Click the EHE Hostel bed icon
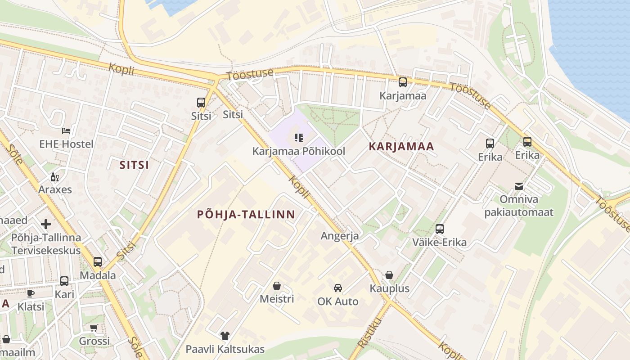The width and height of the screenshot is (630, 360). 66,131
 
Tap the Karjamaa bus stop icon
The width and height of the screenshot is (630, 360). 403,82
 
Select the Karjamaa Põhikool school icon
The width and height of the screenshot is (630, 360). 298,138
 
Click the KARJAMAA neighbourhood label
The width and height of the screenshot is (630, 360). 401,146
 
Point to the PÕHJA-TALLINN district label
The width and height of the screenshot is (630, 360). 246,215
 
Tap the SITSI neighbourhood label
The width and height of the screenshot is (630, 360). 134,165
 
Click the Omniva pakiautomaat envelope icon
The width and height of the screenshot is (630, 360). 519,186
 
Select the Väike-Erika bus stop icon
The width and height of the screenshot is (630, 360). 440,229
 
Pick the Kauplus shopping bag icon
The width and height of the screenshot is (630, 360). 389,275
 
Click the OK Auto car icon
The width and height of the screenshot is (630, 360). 337,288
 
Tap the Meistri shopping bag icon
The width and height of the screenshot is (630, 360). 277,286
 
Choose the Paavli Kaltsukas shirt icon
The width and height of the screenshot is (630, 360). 225,336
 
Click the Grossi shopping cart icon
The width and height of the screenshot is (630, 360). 94,328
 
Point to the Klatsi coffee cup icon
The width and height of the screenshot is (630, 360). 31,293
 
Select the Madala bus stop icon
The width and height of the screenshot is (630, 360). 98,262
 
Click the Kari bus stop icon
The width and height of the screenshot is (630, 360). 64,281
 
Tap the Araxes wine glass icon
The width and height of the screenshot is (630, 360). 55,176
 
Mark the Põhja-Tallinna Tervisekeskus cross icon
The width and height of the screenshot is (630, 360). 46,224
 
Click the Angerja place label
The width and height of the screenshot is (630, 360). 340,236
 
